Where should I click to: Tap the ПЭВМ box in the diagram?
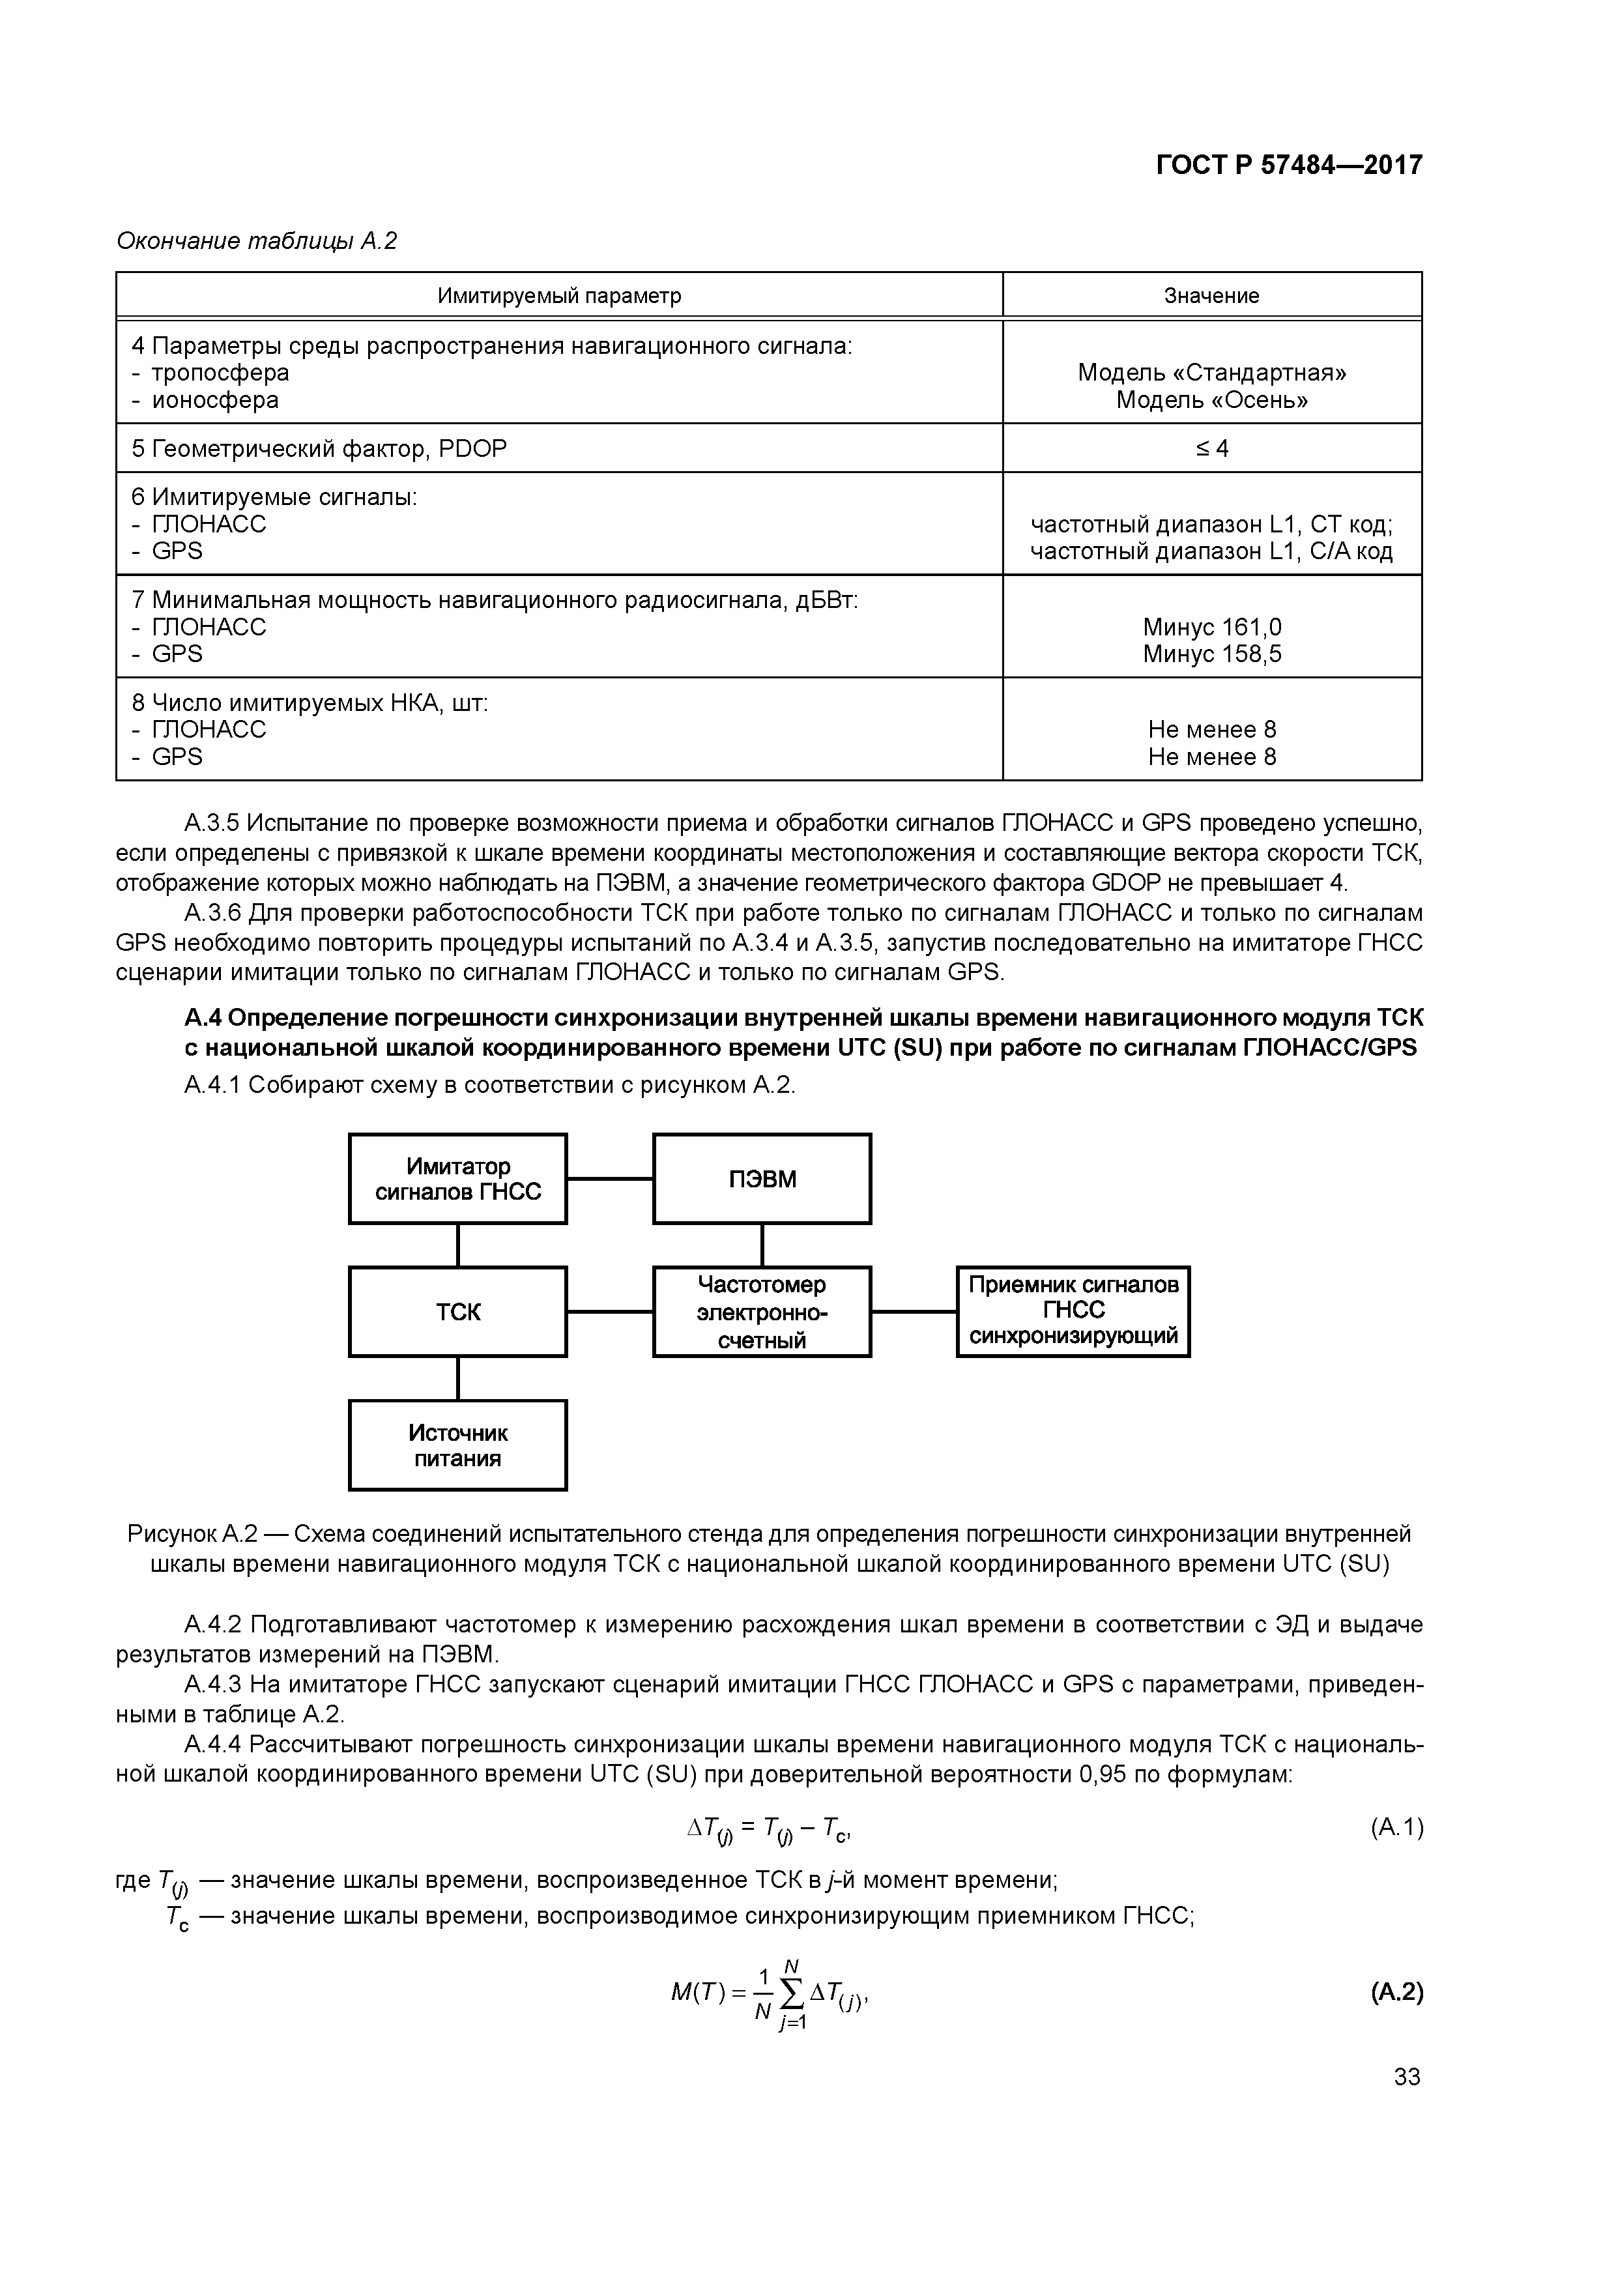point(762,1179)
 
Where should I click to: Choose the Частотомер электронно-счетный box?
point(762,1312)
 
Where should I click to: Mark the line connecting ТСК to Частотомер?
point(609,1312)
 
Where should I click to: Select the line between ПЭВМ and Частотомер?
point(762,1245)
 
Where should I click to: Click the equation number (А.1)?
point(1396,1827)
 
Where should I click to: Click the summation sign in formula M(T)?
point(792,1993)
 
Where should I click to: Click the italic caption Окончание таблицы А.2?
point(257,241)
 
